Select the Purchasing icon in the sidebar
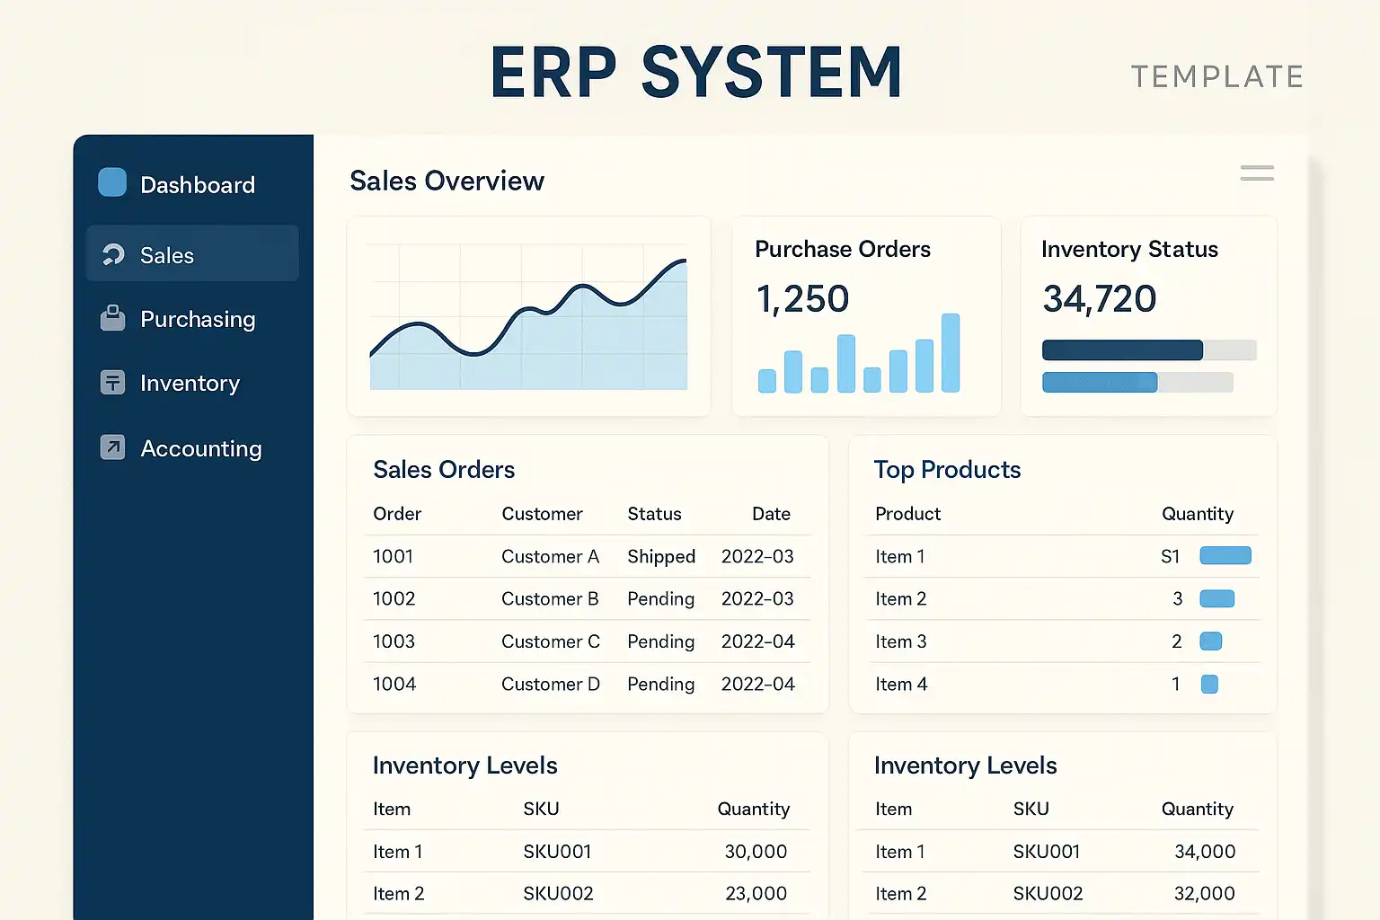(112, 318)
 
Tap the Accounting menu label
(201, 448)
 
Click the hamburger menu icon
(1256, 173)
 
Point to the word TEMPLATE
(1216, 77)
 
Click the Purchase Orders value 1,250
(802, 299)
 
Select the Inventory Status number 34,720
(1099, 299)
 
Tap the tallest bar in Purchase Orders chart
(950, 352)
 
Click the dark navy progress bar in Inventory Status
(1121, 350)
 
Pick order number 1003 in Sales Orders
(394, 641)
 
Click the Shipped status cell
(660, 556)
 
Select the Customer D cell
(550, 685)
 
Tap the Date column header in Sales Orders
(771, 514)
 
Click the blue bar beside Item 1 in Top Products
(1225, 555)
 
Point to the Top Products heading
(947, 470)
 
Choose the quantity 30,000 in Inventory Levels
(756, 852)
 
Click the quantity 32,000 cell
(1204, 894)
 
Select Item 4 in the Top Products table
(901, 685)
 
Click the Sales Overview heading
(447, 181)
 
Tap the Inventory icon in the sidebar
(112, 383)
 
